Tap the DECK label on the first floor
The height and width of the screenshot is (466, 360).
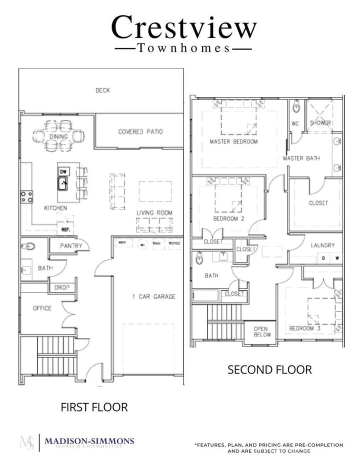(102, 90)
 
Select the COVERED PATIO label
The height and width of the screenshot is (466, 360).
(140, 132)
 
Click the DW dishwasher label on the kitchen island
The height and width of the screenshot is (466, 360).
(63, 172)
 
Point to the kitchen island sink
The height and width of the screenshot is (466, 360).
(63, 184)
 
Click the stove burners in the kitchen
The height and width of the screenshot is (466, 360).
(26, 196)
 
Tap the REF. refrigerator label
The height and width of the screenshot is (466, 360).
(65, 230)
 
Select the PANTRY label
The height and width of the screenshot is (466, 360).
(71, 246)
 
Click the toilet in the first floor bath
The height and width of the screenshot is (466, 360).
(29, 246)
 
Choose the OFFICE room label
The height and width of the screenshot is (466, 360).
(42, 308)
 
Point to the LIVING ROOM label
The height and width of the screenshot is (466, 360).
(154, 213)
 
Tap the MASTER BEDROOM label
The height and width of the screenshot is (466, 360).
(234, 141)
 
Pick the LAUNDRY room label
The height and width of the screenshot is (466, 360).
(322, 245)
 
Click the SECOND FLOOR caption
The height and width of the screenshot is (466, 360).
(269, 370)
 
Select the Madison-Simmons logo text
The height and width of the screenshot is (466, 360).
(89, 441)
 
